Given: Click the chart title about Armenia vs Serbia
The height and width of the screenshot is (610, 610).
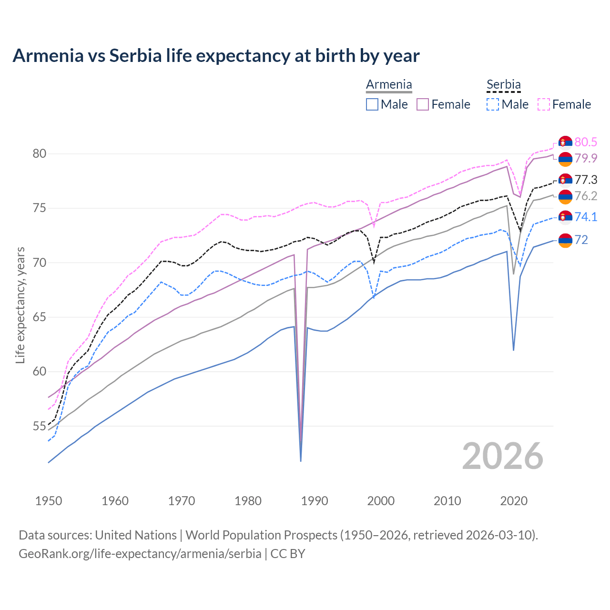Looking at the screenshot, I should (216, 56).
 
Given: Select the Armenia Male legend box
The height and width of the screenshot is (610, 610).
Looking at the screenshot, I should (372, 104).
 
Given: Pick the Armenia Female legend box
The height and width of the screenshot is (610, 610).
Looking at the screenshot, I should (423, 104).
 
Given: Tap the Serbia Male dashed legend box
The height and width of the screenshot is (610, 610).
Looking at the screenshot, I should (493, 104).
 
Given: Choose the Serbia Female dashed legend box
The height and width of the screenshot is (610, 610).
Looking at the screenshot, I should (543, 104).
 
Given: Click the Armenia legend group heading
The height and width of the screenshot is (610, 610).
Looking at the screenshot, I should (389, 85).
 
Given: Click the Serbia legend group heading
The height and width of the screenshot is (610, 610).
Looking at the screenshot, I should (504, 85).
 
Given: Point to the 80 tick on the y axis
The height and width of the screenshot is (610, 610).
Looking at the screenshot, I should (39, 153).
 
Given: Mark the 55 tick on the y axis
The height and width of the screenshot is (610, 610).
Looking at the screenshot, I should (39, 426).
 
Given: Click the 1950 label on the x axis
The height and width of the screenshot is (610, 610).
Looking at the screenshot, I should (49, 501).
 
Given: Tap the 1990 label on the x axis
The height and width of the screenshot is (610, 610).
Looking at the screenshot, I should (315, 501).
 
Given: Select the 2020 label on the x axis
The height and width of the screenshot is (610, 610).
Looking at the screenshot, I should (514, 501).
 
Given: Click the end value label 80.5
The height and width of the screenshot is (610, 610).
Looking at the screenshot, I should (586, 142).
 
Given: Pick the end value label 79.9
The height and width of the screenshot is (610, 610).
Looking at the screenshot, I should (586, 158).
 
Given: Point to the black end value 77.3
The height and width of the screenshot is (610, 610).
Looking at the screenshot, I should (586, 180).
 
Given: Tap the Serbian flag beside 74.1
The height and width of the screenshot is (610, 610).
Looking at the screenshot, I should (565, 217).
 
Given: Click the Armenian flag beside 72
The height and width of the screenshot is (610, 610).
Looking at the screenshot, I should (565, 240).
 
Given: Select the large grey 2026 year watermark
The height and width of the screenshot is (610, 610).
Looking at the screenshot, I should (503, 456).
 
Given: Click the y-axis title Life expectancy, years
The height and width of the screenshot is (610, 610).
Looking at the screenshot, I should (20, 305).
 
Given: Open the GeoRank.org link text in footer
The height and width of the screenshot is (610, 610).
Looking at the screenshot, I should (140, 554).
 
